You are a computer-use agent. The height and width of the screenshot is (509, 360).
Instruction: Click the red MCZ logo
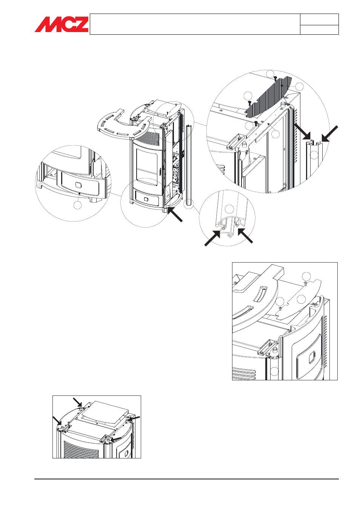coord(62,25)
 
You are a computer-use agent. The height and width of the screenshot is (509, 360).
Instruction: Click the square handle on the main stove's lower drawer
coord(146,199)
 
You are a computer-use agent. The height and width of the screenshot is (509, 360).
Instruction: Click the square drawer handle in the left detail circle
coord(78,185)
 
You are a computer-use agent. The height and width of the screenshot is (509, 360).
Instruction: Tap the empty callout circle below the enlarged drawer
coord(77,205)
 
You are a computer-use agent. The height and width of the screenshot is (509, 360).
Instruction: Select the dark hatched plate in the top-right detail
coord(269,96)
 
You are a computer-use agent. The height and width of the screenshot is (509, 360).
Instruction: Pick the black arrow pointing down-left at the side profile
coord(329,134)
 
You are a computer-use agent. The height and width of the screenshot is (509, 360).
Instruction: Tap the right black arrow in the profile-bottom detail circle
coord(245,236)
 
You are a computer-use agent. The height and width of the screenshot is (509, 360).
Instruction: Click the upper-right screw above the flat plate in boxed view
coord(305,283)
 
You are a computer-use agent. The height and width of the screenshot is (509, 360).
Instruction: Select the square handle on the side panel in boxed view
coord(312,357)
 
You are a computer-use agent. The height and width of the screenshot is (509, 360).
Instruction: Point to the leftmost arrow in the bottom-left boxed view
coord(57,421)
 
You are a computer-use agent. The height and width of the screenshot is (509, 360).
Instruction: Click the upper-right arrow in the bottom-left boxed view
coord(134,418)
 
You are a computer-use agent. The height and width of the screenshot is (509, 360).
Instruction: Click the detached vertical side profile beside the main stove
coord(188,166)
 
